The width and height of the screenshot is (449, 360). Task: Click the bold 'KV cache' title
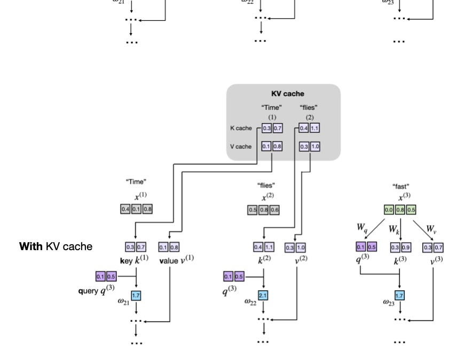287,93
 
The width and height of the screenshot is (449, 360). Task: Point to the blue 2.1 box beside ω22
263,295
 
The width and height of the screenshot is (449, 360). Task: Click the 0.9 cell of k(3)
405,247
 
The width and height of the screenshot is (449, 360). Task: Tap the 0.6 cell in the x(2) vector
274,210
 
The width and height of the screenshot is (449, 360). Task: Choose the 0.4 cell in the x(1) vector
125,209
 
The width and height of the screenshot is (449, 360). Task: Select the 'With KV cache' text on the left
56,246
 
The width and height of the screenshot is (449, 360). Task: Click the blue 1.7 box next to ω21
136,295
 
